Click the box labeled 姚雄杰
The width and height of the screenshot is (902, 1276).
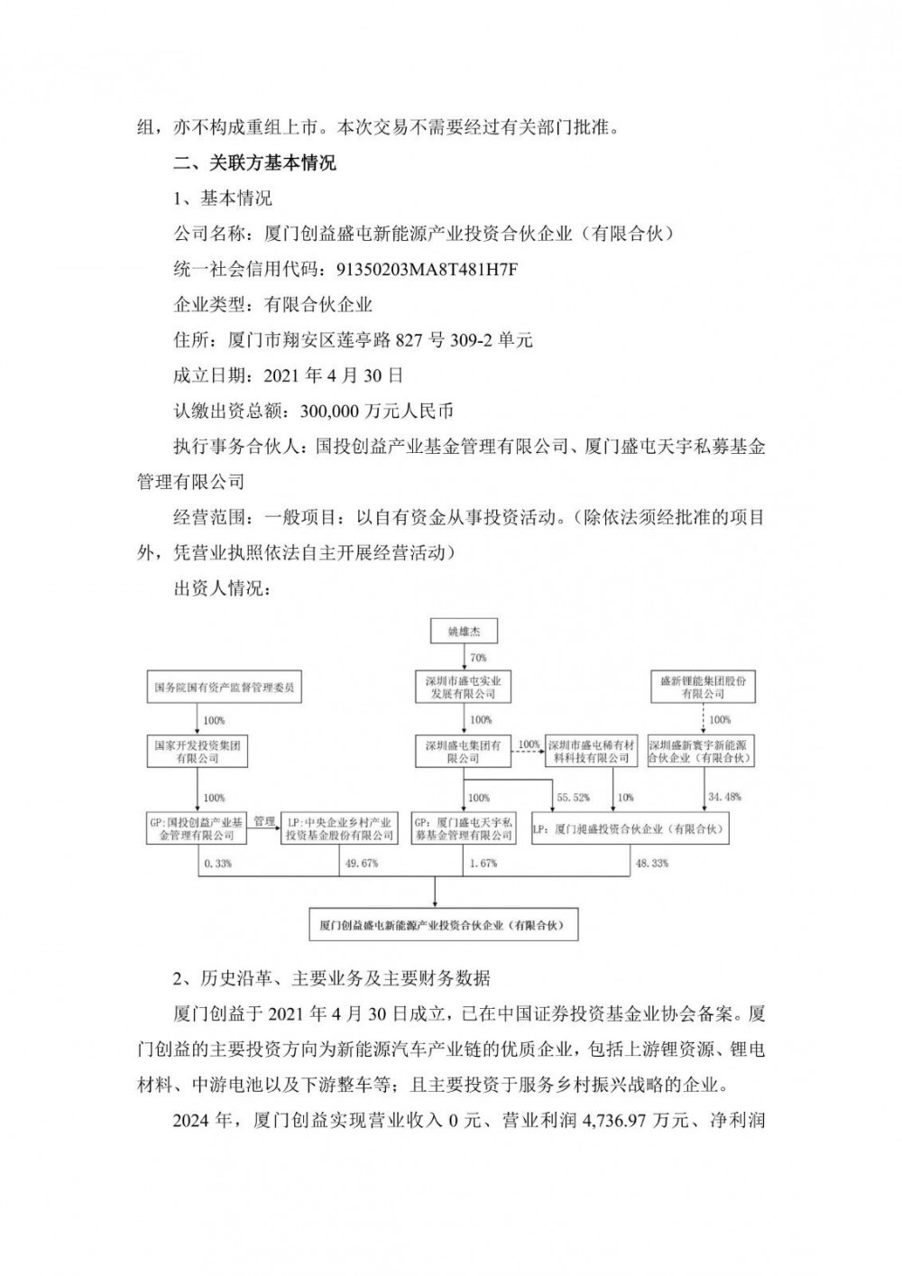[464, 632]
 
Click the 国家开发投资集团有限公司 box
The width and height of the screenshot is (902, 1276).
[198, 753]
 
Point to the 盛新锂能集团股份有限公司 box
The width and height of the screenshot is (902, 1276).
[703, 688]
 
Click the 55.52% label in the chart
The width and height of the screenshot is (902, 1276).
[573, 798]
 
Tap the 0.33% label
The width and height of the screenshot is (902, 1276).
[218, 864]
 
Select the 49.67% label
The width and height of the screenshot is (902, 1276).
[362, 864]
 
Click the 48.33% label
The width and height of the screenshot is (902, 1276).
[652, 864]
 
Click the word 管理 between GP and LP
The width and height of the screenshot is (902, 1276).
[263, 821]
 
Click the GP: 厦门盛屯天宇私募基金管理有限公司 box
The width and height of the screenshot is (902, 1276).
[464, 829]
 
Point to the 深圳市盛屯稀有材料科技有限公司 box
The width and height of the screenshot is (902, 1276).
[590, 753]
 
